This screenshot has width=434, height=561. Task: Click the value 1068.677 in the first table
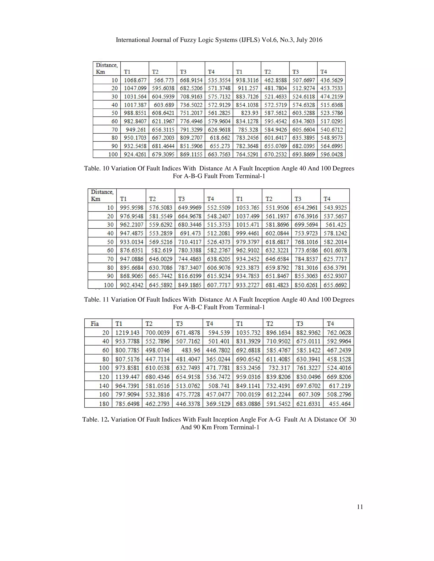(x=135, y=80)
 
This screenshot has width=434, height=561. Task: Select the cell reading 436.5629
(x=331, y=80)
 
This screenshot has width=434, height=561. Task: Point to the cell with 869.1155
(x=191, y=154)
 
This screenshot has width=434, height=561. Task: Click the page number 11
(x=360, y=507)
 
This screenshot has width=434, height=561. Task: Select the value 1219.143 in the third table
(x=127, y=333)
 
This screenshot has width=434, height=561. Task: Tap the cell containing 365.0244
(x=218, y=359)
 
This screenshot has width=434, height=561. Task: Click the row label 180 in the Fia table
(x=104, y=404)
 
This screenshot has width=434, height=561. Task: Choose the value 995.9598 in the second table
(x=132, y=207)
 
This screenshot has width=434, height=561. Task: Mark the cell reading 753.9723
(x=306, y=233)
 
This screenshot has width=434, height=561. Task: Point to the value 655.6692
(x=335, y=285)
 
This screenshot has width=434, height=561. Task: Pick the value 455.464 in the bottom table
(x=340, y=404)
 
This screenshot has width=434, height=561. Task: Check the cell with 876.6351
(x=132, y=250)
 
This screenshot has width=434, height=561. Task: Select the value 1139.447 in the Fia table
(x=127, y=377)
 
